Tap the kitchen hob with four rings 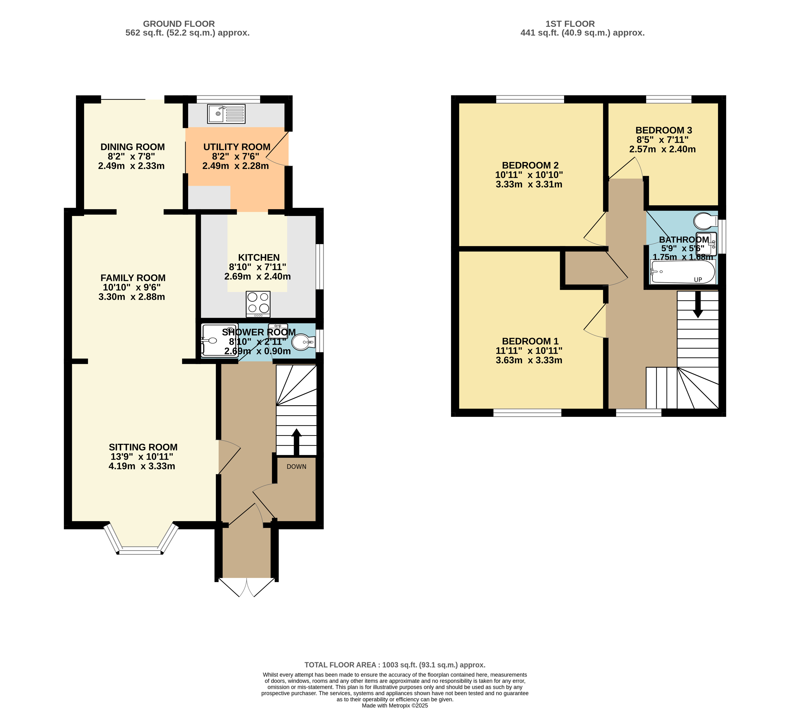[258, 304]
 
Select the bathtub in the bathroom [683, 272]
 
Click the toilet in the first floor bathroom [706, 221]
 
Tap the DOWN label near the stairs [296, 467]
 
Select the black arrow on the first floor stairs [698, 304]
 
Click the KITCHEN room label [259, 257]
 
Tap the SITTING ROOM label [143, 447]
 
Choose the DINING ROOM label [132, 147]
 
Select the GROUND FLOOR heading [179, 24]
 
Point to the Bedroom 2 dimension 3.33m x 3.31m [529, 184]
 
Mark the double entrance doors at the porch [247, 587]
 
